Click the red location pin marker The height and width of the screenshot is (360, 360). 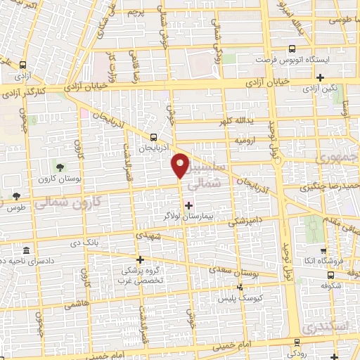click(181, 166)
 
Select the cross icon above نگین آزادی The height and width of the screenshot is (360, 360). click(321, 77)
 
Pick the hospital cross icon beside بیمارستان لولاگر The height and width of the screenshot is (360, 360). click(188, 205)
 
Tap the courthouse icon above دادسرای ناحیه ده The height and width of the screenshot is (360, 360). click(26, 251)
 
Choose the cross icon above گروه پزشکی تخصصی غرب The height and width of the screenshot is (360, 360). click(140, 259)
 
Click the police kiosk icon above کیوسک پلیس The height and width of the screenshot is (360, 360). click(240, 286)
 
